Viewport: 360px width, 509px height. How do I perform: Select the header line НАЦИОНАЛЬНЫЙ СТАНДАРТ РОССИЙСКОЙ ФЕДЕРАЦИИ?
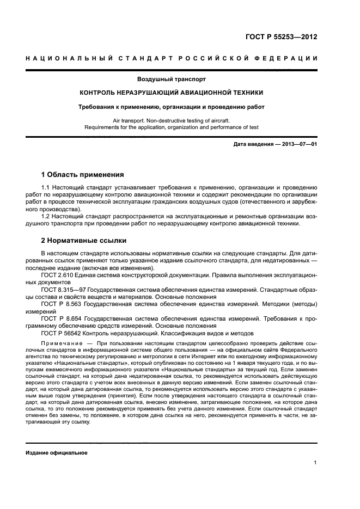172,58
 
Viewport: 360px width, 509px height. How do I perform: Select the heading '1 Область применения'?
83,175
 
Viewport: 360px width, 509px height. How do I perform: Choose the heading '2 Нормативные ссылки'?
84,240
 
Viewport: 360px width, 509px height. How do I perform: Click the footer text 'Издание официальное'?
57,452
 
